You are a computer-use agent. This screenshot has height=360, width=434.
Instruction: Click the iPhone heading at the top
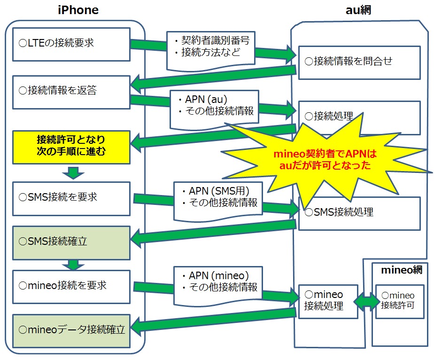pyautogui.click(x=78, y=10)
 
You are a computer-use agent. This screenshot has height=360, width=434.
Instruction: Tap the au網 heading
pyautogui.click(x=358, y=10)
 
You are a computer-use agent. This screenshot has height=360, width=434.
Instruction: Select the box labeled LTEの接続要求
pyautogui.click(x=71, y=44)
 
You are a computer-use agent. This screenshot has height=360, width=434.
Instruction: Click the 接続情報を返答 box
pyautogui.click(x=71, y=92)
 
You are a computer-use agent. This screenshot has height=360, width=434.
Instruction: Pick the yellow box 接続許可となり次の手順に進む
pyautogui.click(x=71, y=147)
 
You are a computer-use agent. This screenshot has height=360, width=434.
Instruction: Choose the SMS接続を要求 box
pyautogui.click(x=71, y=198)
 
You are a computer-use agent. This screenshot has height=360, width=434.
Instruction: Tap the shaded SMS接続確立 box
pyautogui.click(x=71, y=243)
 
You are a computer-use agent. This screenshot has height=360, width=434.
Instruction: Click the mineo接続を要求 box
pyautogui.click(x=71, y=287)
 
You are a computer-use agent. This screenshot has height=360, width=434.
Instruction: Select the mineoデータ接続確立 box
pyautogui.click(x=71, y=331)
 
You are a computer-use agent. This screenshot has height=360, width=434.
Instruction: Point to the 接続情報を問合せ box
pyautogui.click(x=359, y=63)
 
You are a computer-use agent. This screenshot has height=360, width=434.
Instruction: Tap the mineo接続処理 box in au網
pyautogui.click(x=328, y=302)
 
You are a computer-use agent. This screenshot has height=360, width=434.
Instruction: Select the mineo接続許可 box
pyautogui.click(x=400, y=302)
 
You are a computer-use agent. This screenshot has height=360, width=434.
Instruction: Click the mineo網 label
pyautogui.click(x=402, y=270)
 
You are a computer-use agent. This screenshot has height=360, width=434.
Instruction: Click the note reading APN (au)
pyautogui.click(x=215, y=109)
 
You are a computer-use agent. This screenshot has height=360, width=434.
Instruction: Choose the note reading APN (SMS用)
pyautogui.click(x=218, y=201)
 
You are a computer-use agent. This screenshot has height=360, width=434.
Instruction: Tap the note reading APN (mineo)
pyautogui.click(x=218, y=285)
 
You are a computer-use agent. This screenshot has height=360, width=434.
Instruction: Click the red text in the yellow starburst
pyautogui.click(x=325, y=159)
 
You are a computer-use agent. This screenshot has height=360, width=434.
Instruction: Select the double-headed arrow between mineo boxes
pyautogui.click(x=367, y=302)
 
